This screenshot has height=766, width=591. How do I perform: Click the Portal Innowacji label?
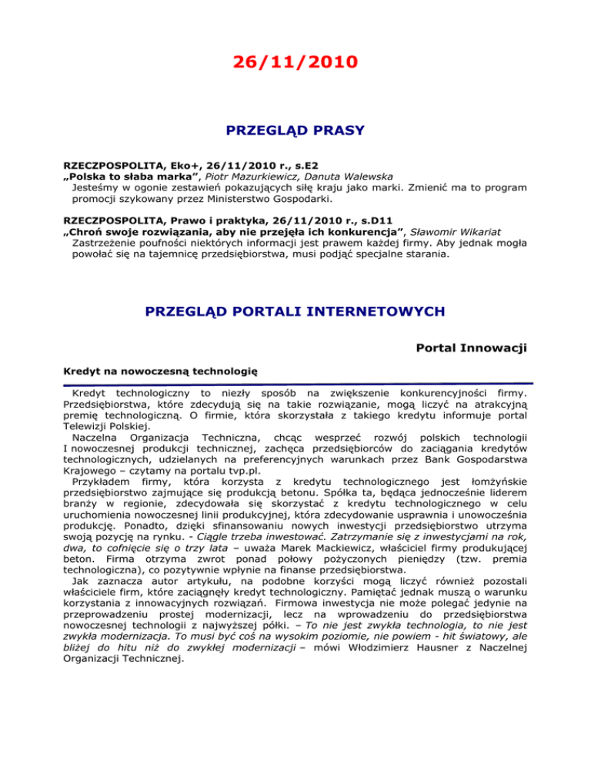(x=471, y=348)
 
